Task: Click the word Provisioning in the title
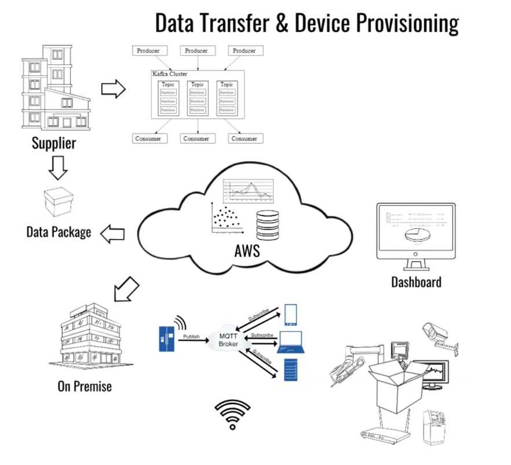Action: [x=406, y=23]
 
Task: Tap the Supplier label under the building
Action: [x=54, y=142]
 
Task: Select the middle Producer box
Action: [x=196, y=51]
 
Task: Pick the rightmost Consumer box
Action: [x=244, y=139]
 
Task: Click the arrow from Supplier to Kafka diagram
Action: [x=113, y=89]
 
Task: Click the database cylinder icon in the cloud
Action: [x=268, y=223]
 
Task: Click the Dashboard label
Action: [x=416, y=282]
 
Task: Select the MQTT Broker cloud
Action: [x=228, y=340]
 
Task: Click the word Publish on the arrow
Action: [x=192, y=336]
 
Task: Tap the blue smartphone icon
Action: [x=290, y=314]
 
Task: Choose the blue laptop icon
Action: [x=293, y=342]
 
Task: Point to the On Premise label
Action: [x=85, y=386]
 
